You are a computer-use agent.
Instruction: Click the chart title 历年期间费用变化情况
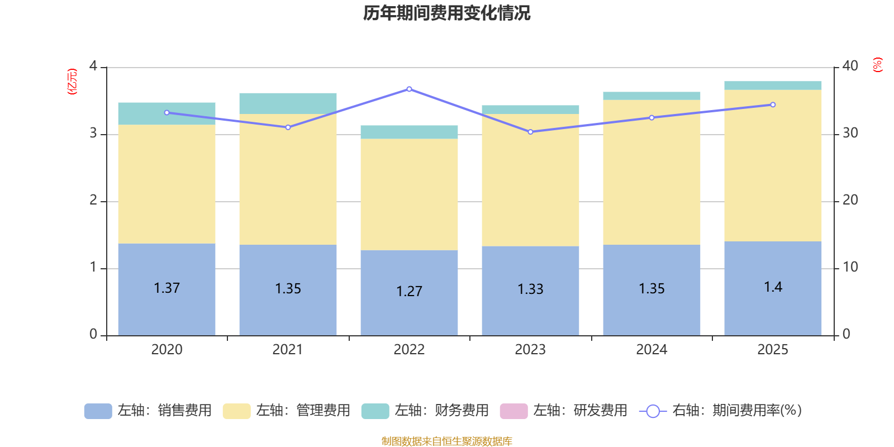446,13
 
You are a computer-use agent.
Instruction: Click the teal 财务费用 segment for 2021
288,103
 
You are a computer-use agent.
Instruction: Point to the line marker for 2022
409,89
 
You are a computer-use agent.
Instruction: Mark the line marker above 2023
530,132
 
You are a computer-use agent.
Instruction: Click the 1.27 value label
409,291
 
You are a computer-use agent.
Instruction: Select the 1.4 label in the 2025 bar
773,287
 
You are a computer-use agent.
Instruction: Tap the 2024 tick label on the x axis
652,350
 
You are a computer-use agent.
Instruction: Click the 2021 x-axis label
288,350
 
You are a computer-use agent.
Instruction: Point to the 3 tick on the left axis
93,134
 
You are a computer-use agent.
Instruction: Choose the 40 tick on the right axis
850,66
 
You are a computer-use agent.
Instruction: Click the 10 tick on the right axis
850,267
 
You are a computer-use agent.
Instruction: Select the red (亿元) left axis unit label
72,82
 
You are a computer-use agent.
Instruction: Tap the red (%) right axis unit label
877,65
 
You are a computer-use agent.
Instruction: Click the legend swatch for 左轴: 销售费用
98,411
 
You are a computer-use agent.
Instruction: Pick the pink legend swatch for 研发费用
513,411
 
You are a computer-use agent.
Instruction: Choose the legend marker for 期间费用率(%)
653,411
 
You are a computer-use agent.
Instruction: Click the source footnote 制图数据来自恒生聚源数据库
446,441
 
